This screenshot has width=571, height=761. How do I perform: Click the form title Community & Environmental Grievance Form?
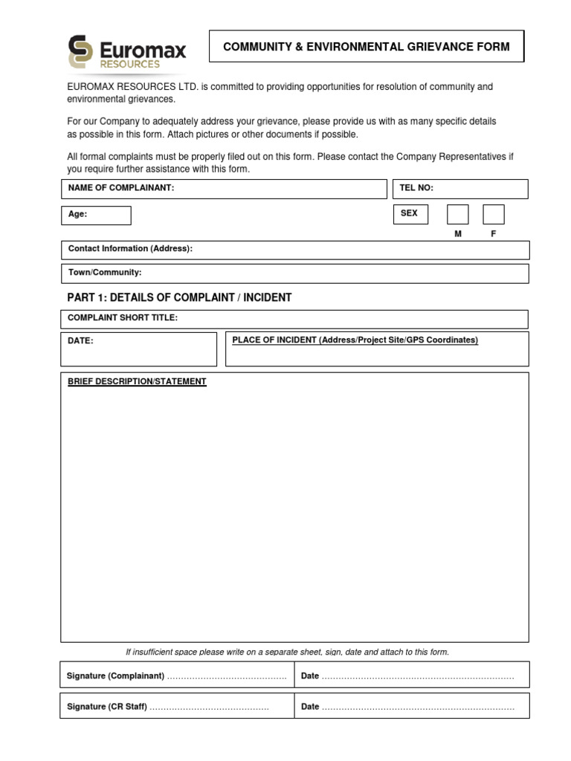(367, 47)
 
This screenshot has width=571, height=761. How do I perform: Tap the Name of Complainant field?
(224, 189)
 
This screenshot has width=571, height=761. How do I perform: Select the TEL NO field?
(459, 189)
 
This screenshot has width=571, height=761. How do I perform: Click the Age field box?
(96, 215)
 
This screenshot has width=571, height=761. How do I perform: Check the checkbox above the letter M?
(458, 214)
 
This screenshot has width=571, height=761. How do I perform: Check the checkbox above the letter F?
(494, 214)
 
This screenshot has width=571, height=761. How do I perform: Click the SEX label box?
(412, 214)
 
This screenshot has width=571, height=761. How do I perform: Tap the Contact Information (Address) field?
(294, 250)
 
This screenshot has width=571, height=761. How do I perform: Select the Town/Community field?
(294, 273)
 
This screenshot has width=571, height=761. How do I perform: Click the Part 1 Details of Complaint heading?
(179, 297)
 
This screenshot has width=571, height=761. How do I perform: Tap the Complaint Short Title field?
(294, 319)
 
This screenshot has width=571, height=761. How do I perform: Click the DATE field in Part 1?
(138, 349)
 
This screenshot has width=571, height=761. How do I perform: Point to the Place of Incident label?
(355, 340)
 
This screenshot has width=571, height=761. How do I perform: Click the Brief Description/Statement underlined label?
(137, 382)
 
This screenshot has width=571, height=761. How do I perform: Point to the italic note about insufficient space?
(287, 652)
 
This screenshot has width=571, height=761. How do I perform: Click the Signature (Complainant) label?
(115, 676)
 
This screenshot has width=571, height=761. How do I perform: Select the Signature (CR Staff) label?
(107, 707)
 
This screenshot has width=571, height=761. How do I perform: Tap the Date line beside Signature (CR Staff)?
(416, 707)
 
